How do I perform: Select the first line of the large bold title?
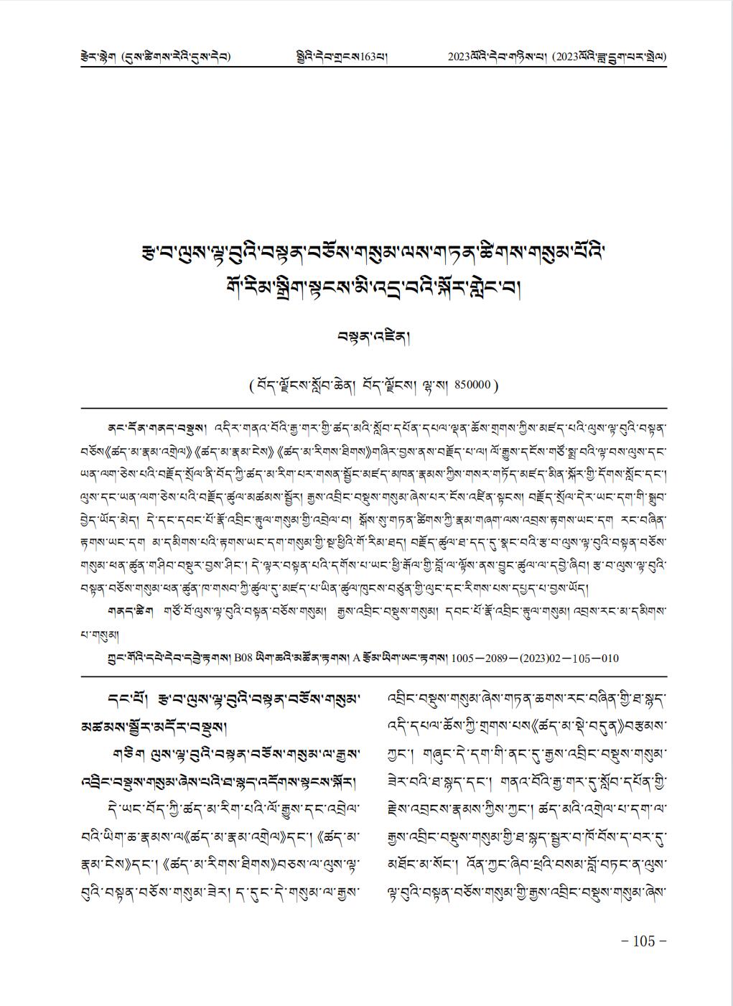[371, 254]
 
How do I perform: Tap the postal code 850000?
[471, 384]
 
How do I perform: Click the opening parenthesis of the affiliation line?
[250, 385]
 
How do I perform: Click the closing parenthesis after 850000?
[495, 385]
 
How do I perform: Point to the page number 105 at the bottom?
[644, 941]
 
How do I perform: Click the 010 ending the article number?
[609, 658]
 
